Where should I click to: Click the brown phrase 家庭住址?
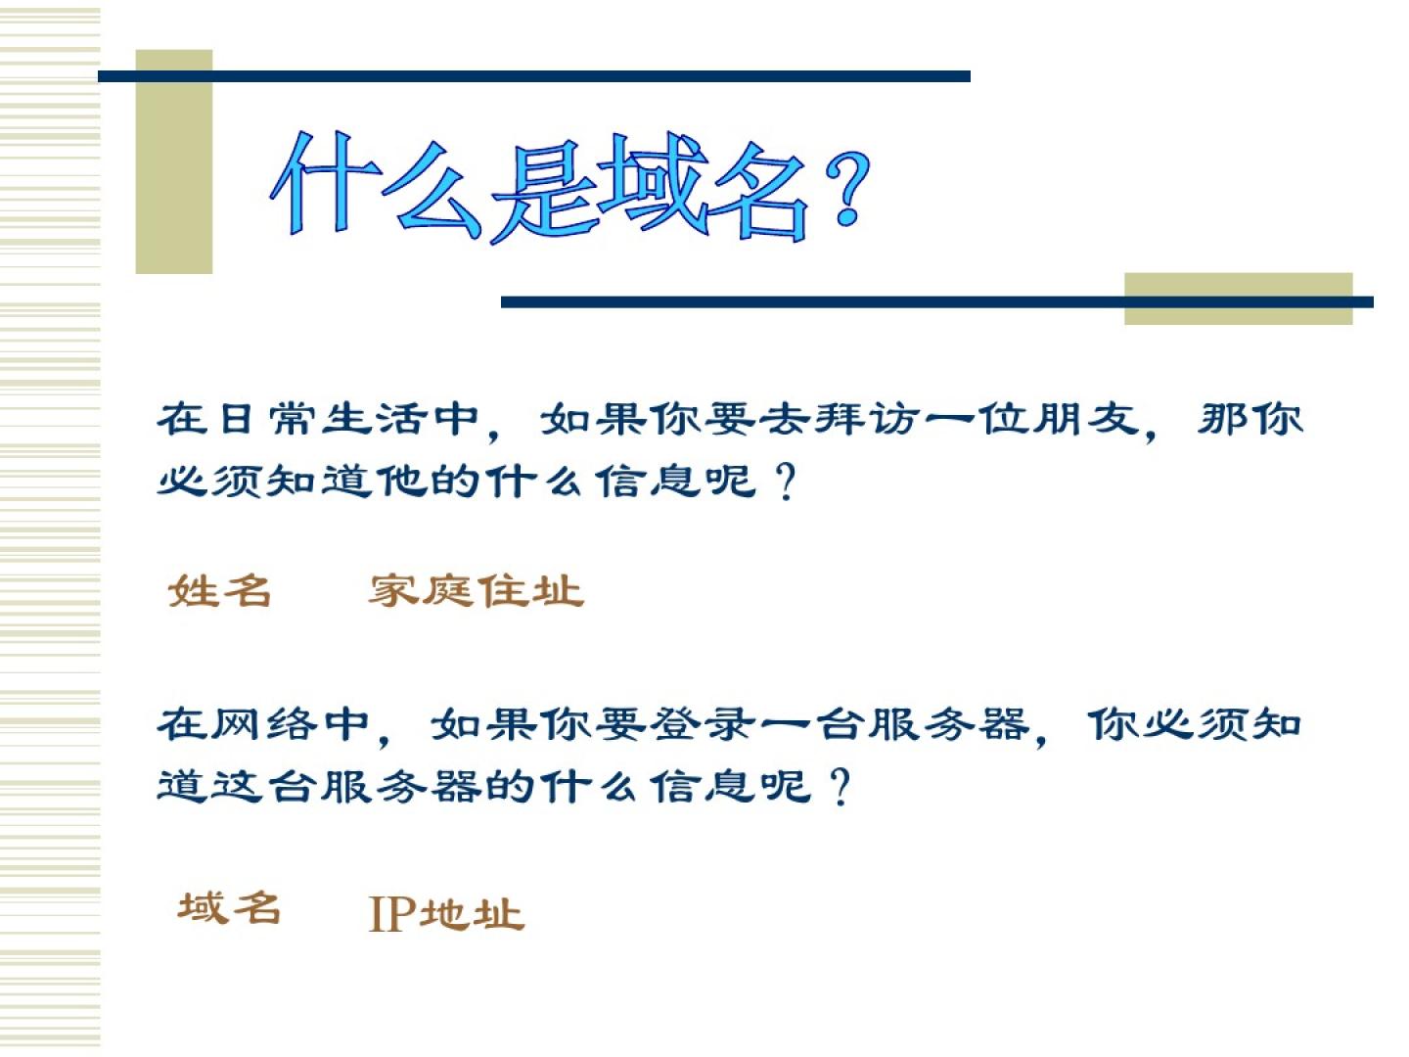point(476,590)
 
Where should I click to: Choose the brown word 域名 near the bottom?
point(229,907)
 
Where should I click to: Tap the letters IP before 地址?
point(392,914)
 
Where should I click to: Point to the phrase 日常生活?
point(293,419)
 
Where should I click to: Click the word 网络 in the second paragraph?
point(265,724)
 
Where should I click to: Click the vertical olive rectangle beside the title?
point(174,161)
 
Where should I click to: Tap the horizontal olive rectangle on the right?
point(1238,299)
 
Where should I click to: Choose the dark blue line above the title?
point(534,76)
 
